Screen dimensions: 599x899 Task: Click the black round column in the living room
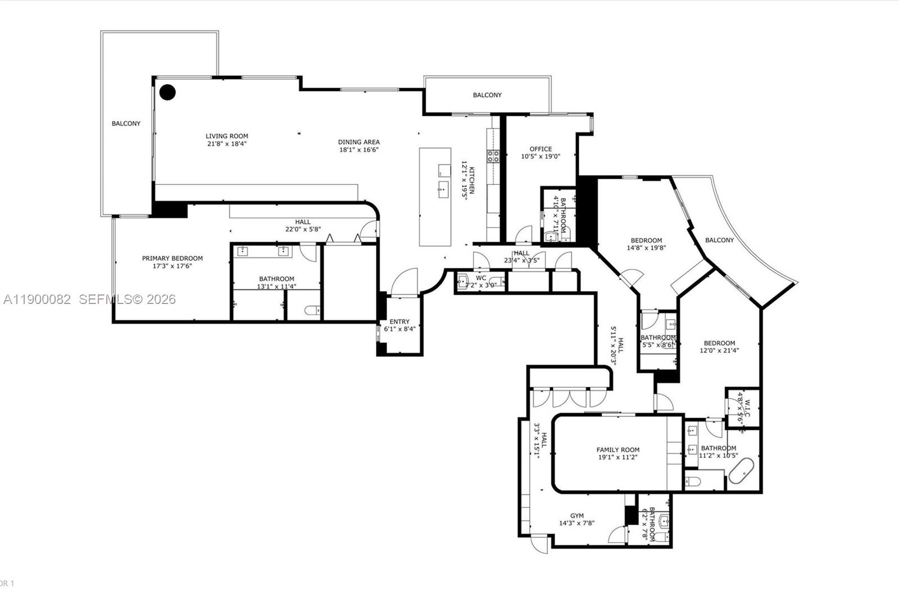(x=167, y=92)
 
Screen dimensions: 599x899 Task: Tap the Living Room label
(x=226, y=136)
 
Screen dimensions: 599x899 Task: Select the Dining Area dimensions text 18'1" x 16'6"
(x=359, y=149)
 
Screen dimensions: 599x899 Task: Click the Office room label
(x=541, y=149)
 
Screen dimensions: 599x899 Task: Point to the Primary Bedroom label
(x=172, y=258)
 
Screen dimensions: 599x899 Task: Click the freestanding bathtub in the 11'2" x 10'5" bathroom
(x=742, y=472)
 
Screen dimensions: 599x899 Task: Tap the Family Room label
(x=618, y=450)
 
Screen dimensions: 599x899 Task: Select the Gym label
(x=576, y=515)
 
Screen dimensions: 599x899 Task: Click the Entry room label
(x=399, y=321)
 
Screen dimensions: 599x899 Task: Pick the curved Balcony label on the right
(x=719, y=240)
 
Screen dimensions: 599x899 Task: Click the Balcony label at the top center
(x=487, y=95)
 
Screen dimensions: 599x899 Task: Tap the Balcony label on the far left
(x=126, y=124)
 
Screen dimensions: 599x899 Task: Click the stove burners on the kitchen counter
(x=493, y=156)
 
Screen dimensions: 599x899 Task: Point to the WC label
(x=481, y=278)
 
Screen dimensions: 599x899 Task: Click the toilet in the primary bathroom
(x=312, y=310)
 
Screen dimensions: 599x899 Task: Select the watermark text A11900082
(x=37, y=299)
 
